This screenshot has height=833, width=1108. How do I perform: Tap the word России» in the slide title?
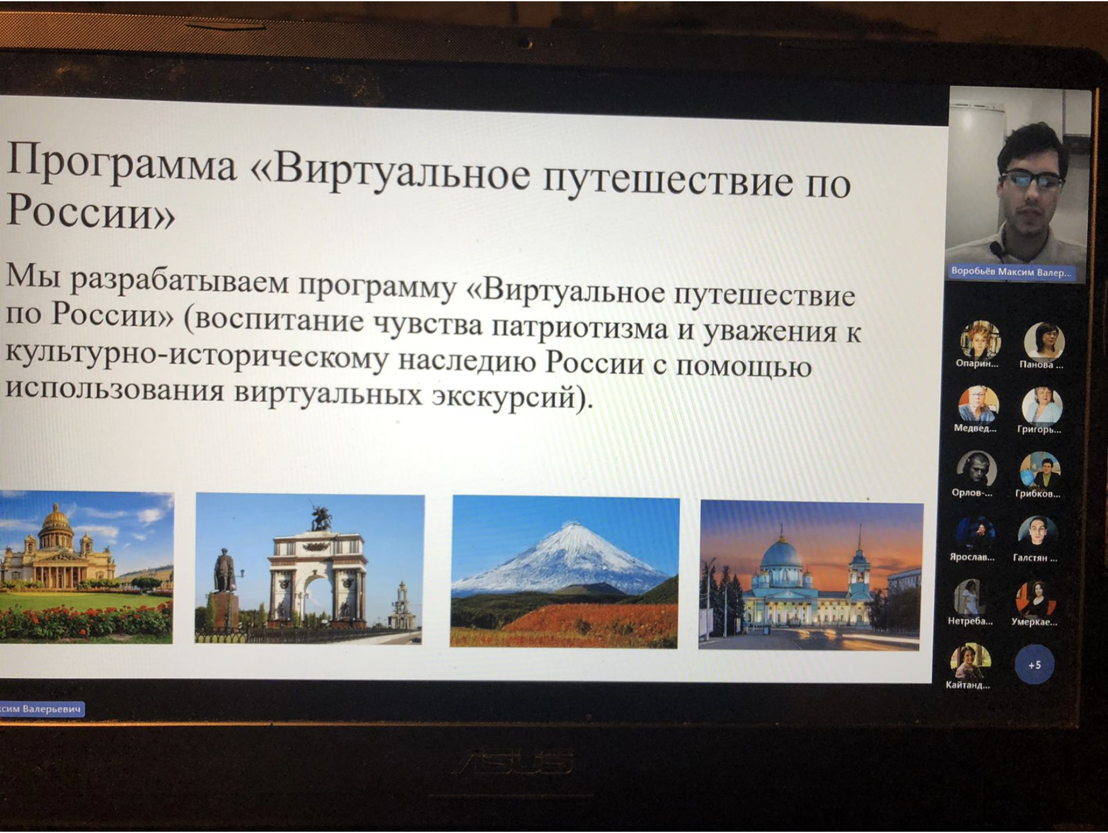pos(90,211)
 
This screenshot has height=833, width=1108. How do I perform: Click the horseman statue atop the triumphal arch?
pos(321,517)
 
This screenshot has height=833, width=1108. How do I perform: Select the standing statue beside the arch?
pos(224,570)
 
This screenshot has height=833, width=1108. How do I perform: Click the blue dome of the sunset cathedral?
pos(782,554)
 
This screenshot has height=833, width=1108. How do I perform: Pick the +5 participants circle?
pos(1034,665)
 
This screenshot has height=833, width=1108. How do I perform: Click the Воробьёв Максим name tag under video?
pos(1010,272)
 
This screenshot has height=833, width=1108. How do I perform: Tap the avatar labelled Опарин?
pos(979,340)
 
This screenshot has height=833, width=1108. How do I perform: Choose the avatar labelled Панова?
pos(1043,341)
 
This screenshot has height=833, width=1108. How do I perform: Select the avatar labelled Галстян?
pos(1036,533)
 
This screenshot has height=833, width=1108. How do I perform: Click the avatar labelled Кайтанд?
pos(969,661)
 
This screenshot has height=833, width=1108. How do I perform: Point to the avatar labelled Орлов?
pos(976,469)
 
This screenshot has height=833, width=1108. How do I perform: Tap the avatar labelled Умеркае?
pos(1036,599)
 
